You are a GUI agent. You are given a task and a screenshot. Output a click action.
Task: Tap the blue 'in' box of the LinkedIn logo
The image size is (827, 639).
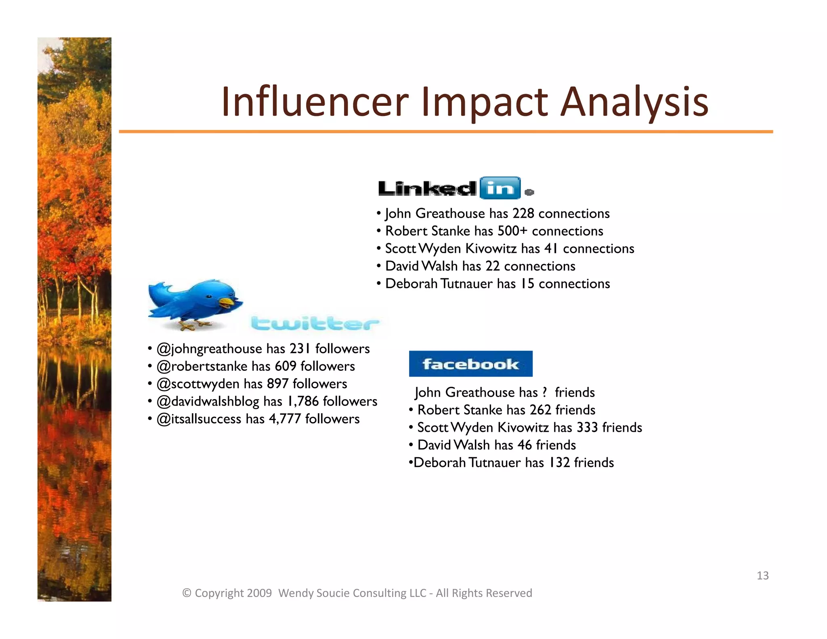(500, 188)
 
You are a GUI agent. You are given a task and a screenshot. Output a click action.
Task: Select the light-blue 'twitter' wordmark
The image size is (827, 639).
(315, 323)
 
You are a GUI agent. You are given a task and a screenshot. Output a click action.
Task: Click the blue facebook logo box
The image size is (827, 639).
(470, 364)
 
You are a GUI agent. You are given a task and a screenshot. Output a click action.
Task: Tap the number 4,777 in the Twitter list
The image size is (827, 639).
(285, 419)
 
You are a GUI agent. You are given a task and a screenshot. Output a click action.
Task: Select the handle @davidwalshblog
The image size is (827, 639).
(208, 401)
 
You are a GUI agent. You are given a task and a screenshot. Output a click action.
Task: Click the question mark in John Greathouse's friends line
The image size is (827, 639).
(545, 393)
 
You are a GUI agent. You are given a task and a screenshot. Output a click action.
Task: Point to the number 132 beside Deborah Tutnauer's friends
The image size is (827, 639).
(559, 462)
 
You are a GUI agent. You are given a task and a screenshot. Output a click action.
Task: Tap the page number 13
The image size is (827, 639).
(762, 576)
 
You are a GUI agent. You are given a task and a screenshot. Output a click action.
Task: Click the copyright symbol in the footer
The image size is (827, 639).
(187, 593)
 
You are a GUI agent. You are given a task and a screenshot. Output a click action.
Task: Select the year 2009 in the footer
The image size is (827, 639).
(259, 593)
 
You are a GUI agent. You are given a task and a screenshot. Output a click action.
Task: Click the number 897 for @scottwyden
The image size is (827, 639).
(277, 384)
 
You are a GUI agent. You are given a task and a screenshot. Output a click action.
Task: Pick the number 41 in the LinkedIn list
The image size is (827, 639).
(551, 248)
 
